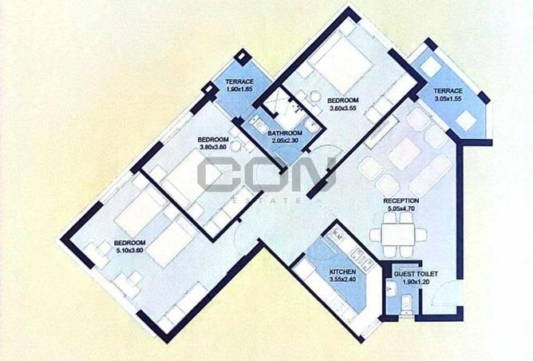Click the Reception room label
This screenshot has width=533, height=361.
pyautogui.click(x=401, y=200)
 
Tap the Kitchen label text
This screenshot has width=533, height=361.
pyautogui.click(x=342, y=272)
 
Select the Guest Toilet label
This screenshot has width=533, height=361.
pyautogui.click(x=416, y=274)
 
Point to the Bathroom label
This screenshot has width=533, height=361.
pyautogui.click(x=285, y=133)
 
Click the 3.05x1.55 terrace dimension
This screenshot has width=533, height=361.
pyautogui.click(x=448, y=99)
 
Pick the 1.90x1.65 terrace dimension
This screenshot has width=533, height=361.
pyautogui.click(x=239, y=89)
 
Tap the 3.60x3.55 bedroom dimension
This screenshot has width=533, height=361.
pyautogui.click(x=342, y=108)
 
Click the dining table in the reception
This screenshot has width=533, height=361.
pyautogui.click(x=398, y=235)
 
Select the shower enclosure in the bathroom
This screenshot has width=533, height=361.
pyautogui.click(x=277, y=101)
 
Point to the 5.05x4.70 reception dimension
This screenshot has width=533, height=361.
pyautogui.click(x=401, y=209)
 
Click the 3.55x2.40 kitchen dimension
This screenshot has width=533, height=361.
pyautogui.click(x=342, y=280)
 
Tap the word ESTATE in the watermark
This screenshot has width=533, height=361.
pyautogui.click(x=266, y=200)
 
